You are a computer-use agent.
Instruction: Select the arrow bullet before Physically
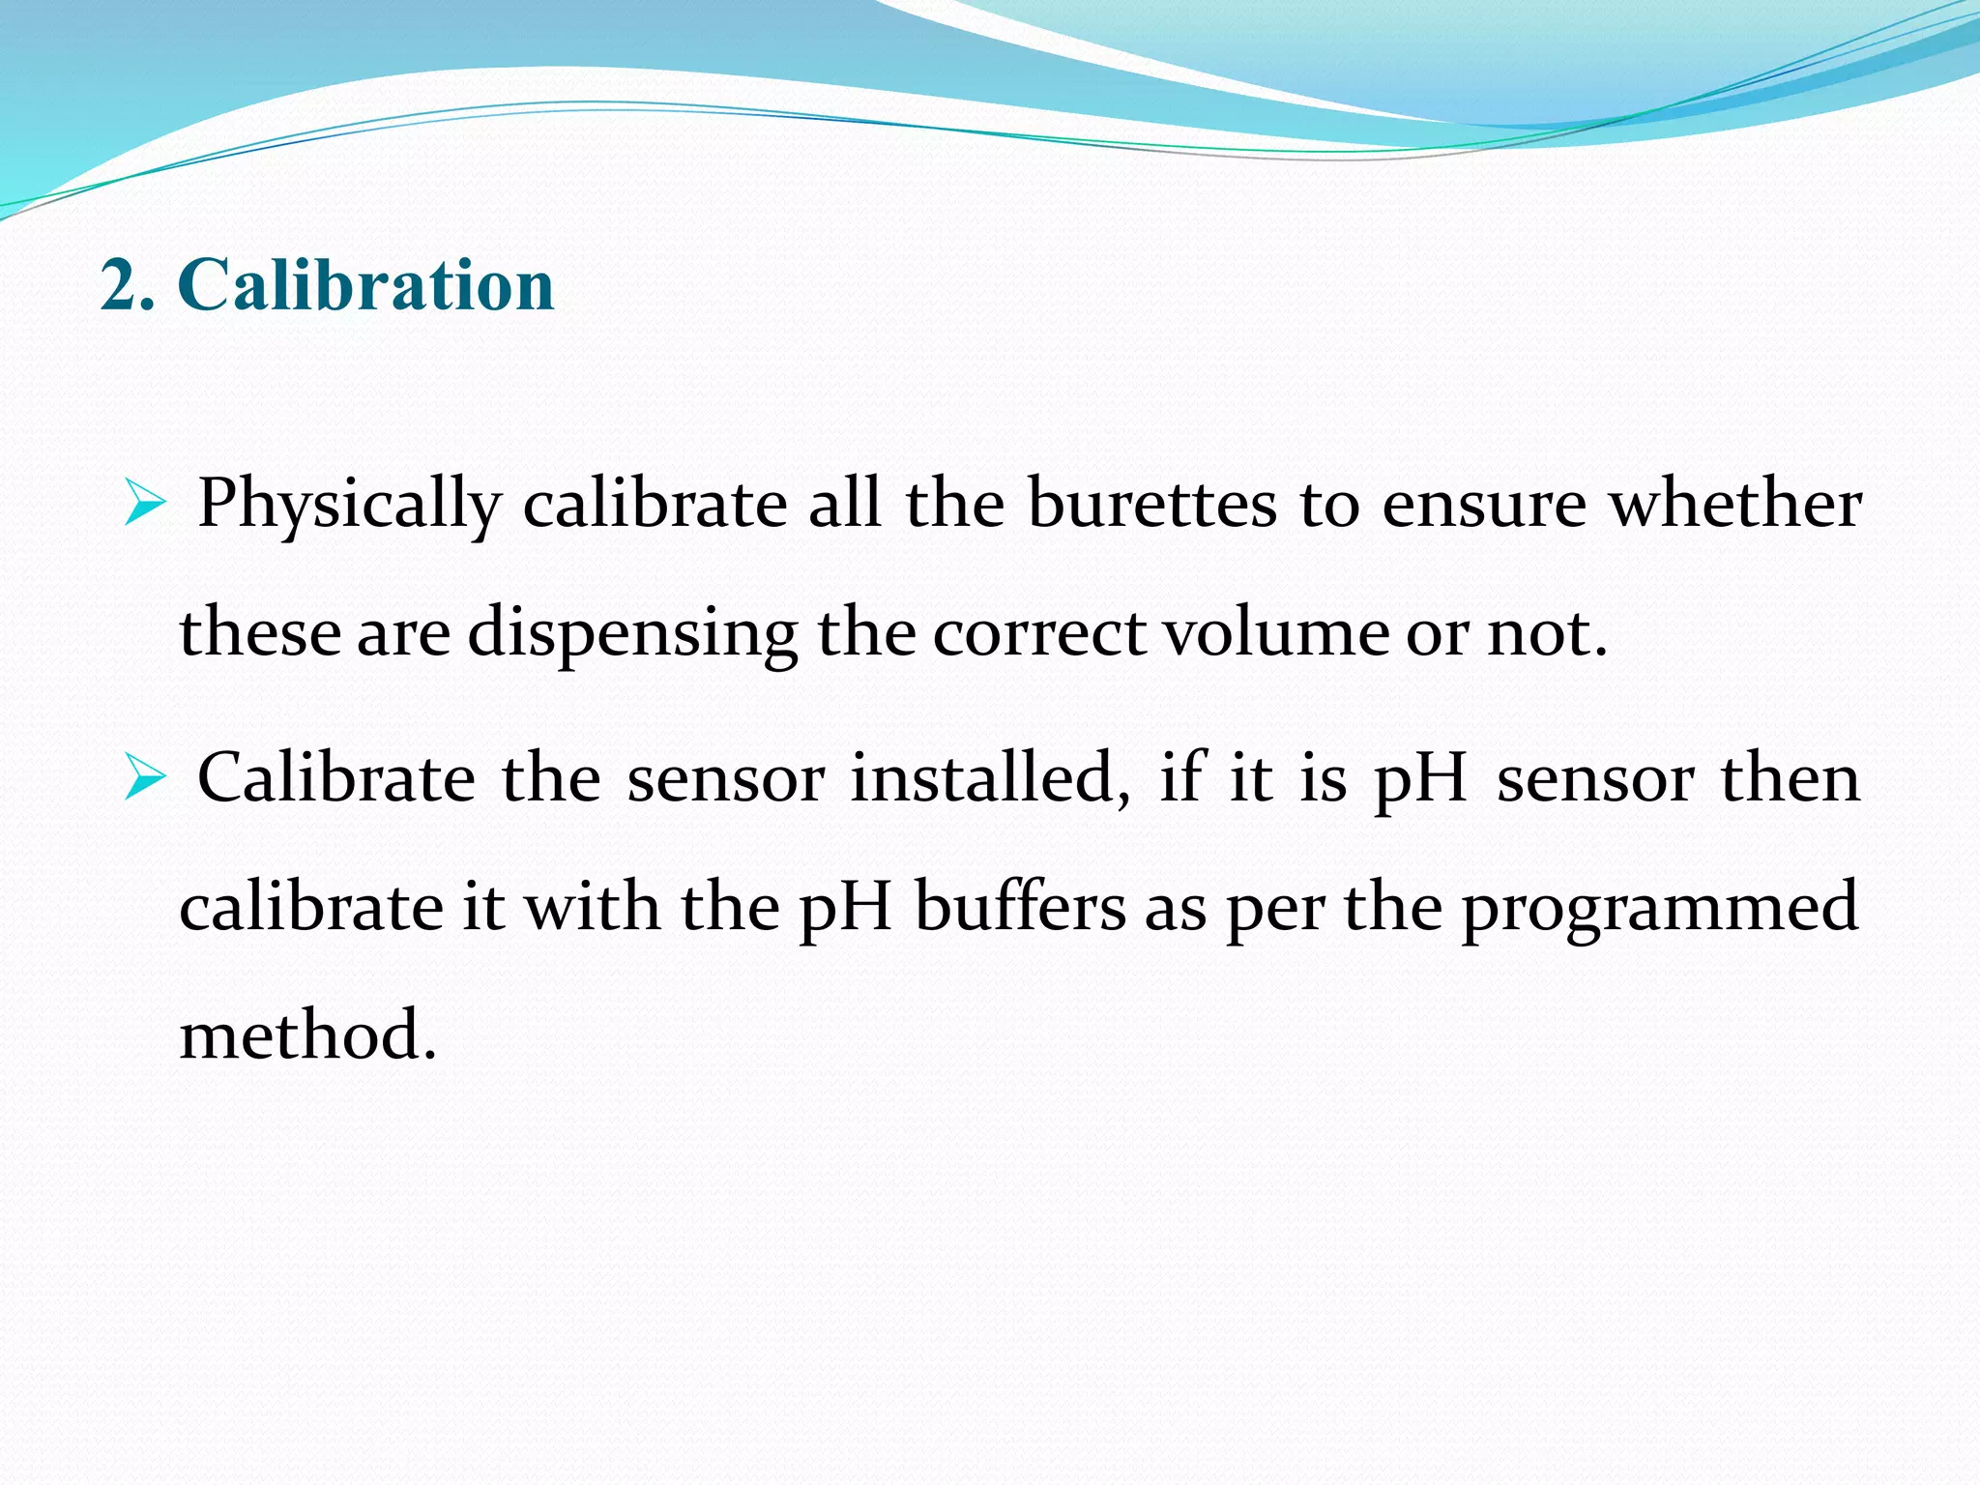(145, 506)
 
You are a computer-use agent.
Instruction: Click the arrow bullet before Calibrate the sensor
(145, 779)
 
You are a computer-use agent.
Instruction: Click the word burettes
(1151, 505)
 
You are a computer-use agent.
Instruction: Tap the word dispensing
(632, 634)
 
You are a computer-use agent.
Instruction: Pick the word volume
(1275, 632)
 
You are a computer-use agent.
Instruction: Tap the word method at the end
(307, 1035)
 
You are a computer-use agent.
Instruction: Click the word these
(260, 632)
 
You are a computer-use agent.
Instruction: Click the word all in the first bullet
(844, 505)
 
